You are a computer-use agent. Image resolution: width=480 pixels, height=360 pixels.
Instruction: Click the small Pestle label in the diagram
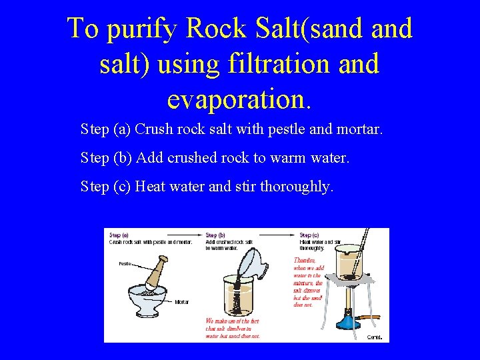125,263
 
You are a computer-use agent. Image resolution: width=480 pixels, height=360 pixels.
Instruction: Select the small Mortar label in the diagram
181,302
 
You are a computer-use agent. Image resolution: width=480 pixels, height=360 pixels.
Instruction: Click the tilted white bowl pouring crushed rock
253,261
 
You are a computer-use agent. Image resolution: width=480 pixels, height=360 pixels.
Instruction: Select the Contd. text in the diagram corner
375,337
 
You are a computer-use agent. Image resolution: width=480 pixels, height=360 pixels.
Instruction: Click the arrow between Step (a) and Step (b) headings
198,235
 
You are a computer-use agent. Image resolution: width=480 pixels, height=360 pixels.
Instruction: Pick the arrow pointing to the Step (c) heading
292,235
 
